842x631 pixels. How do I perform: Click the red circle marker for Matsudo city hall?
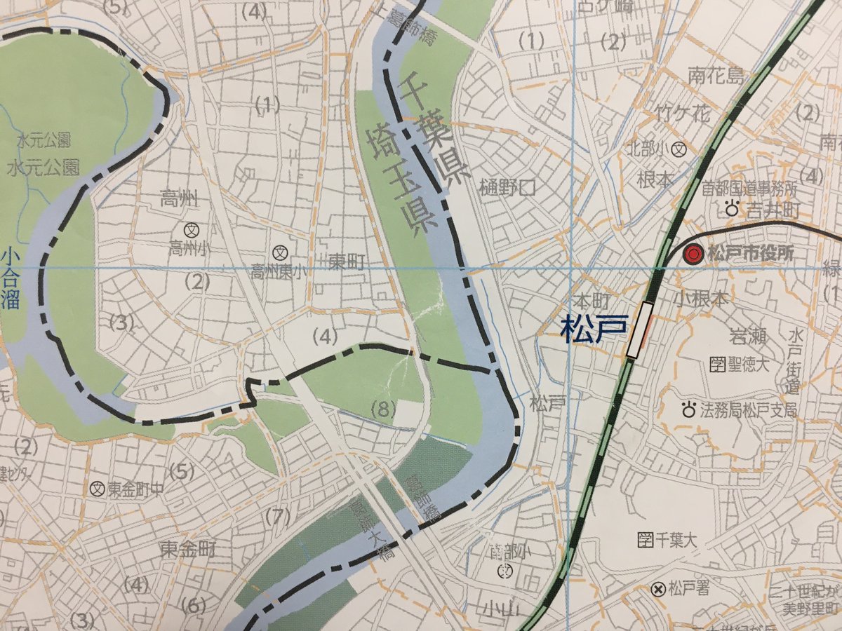pos(693,255)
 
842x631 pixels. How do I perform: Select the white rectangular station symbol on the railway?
pos(639,330)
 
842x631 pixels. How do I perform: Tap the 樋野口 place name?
pos(507,187)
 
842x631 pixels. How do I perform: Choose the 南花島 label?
pos(715,75)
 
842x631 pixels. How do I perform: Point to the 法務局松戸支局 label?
pos(749,410)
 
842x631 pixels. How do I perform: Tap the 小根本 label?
pos(702,297)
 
